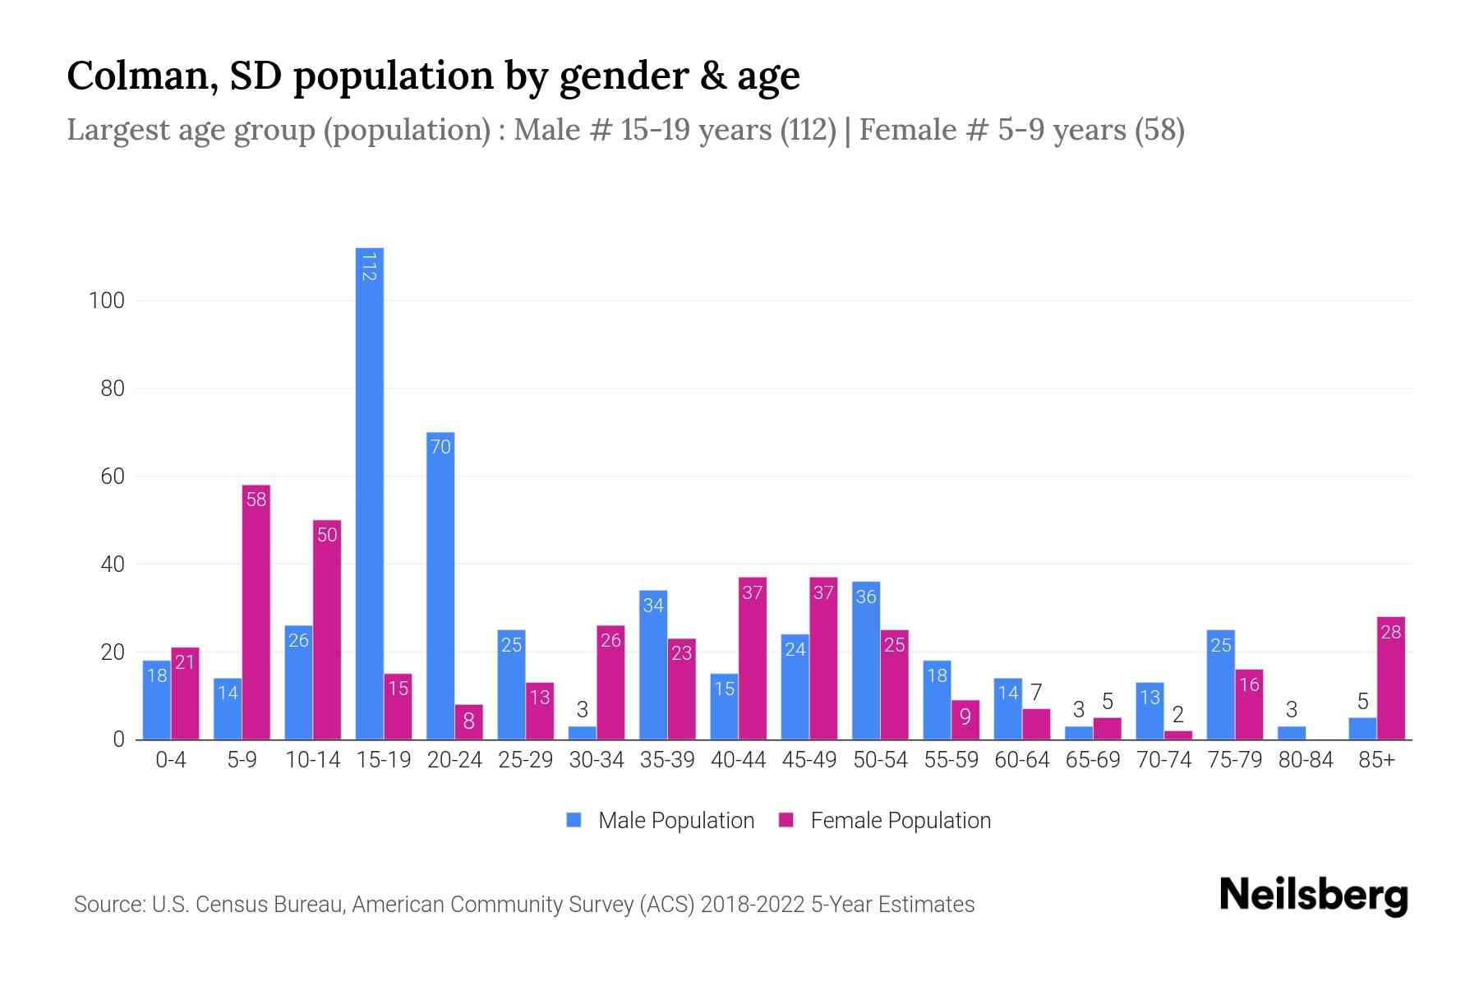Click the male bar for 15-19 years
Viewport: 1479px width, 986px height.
tap(369, 493)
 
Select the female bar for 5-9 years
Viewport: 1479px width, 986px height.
tap(256, 612)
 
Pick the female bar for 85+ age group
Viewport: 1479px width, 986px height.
tap(1391, 678)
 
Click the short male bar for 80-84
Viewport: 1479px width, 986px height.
tap(1292, 733)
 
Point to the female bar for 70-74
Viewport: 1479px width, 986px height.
tap(1178, 735)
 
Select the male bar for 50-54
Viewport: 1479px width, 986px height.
tap(866, 661)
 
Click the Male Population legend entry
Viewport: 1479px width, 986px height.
tap(661, 820)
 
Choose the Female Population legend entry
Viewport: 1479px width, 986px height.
tap(885, 820)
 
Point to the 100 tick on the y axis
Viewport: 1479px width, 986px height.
tap(107, 301)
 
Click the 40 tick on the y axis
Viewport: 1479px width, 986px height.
tap(112, 564)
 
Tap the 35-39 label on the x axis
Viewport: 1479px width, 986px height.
tap(667, 760)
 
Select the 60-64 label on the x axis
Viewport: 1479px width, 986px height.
tap(1022, 760)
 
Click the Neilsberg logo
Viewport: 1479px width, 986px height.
tap(1313, 896)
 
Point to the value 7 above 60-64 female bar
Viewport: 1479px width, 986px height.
tap(1036, 693)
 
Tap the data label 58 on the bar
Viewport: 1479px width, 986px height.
tap(256, 500)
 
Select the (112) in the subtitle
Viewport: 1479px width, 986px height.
tap(809, 130)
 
